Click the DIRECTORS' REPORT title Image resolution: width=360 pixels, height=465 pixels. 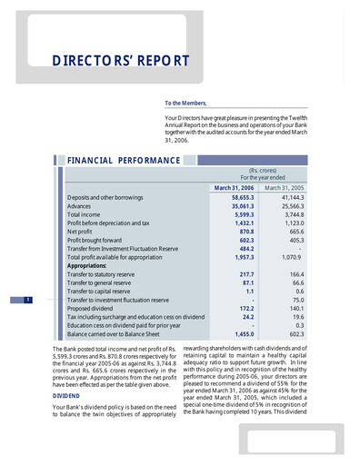121,62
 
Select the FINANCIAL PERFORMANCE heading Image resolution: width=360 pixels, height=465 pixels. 123,161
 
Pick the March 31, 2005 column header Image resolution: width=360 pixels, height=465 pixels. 284,187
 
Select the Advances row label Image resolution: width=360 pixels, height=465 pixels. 79,207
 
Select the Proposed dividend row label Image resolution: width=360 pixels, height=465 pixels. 90,308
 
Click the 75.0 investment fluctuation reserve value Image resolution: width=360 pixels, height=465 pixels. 295,300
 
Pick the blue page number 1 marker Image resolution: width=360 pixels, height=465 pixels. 29,300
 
